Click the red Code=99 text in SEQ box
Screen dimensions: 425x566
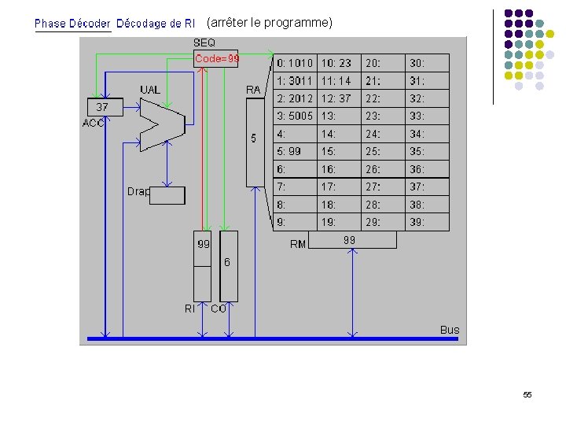pyautogui.click(x=217, y=58)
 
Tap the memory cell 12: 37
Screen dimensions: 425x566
pyautogui.click(x=336, y=98)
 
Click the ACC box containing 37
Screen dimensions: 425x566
pyautogui.click(x=104, y=107)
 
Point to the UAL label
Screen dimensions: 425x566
pyautogui.click(x=150, y=90)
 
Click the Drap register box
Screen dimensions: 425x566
pyautogui.click(x=167, y=195)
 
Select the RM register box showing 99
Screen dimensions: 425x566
pyautogui.click(x=351, y=240)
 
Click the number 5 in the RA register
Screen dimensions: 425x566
pyautogui.click(x=254, y=139)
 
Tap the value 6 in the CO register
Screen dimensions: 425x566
pyautogui.click(x=227, y=261)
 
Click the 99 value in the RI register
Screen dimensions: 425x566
pyautogui.click(x=203, y=245)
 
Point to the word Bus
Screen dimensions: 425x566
pyautogui.click(x=450, y=330)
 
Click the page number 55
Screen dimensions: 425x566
pyautogui.click(x=527, y=394)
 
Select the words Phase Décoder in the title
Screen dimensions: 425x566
pyautogui.click(x=72, y=24)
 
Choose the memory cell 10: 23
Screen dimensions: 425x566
pyautogui.click(x=336, y=63)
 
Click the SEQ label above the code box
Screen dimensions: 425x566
pyautogui.click(x=204, y=42)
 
